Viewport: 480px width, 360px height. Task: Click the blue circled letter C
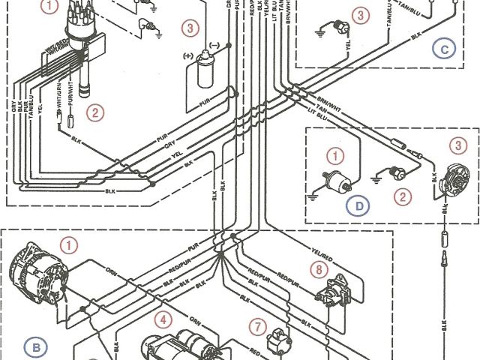(445, 49)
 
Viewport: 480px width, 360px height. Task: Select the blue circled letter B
(34, 346)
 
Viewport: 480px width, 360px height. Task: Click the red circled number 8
(320, 268)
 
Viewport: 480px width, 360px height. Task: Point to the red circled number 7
(257, 327)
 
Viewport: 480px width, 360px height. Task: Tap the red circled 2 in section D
(404, 197)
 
